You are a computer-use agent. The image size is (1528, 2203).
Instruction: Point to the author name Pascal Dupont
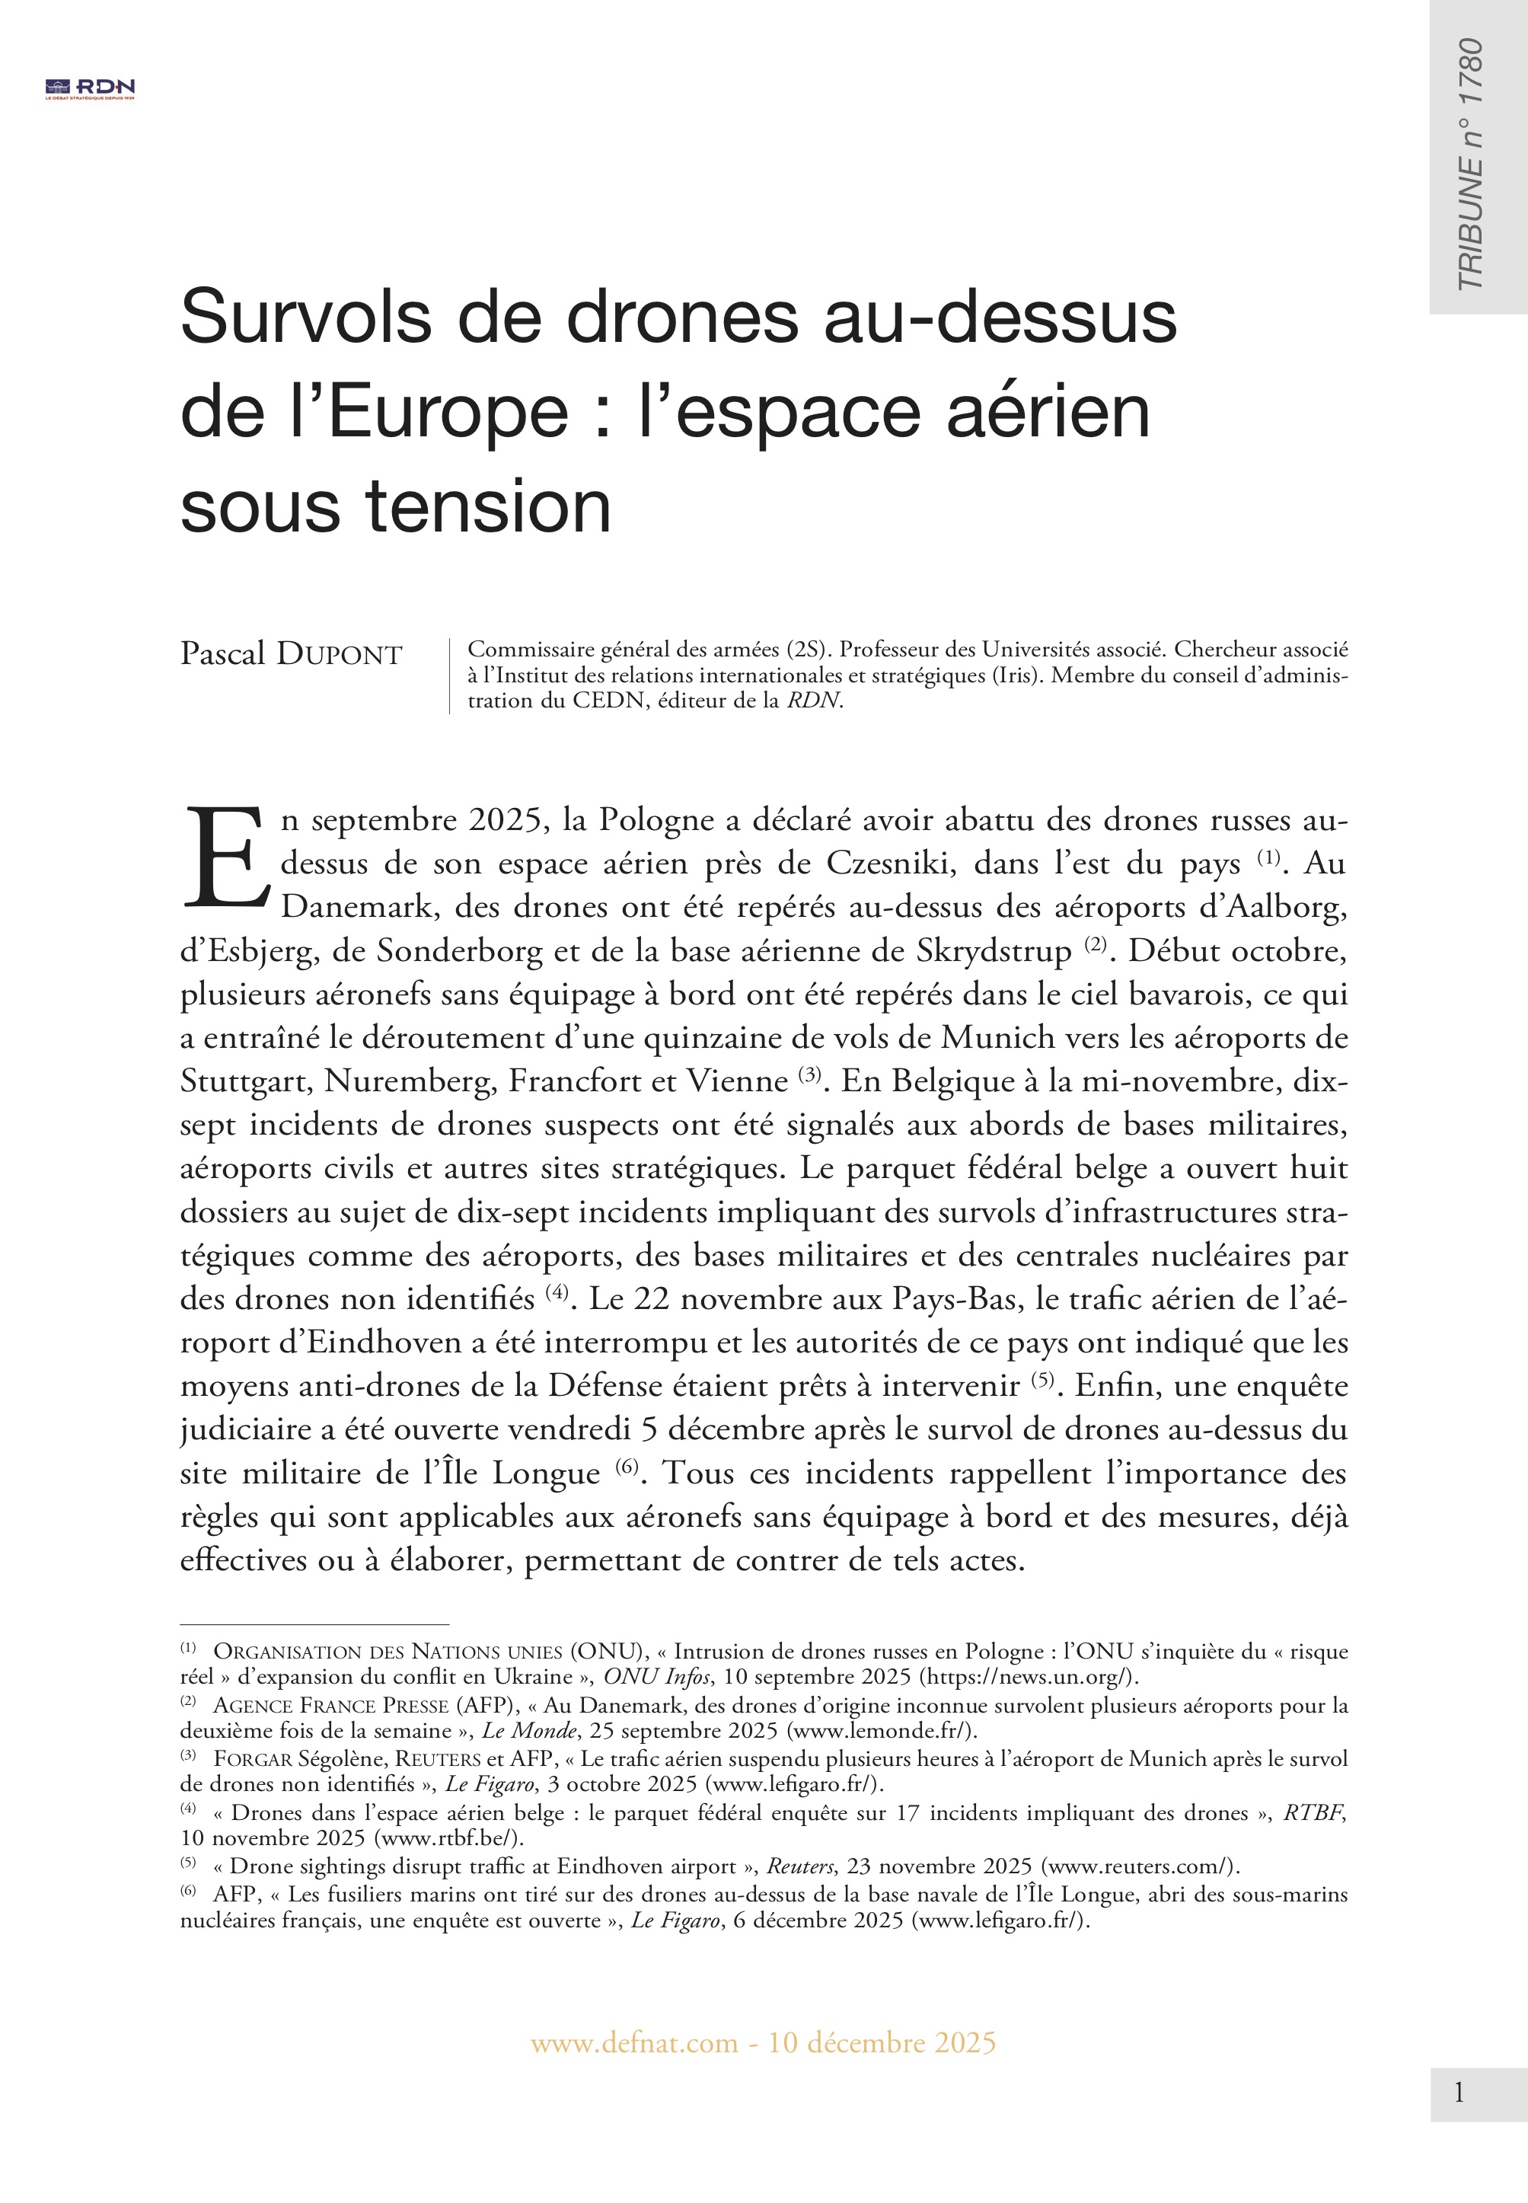tap(291, 655)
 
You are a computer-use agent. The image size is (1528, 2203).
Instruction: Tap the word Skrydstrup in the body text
tap(994, 950)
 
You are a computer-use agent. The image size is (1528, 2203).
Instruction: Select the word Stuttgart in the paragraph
tap(245, 1081)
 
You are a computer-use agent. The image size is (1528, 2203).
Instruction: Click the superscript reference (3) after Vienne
tap(810, 1074)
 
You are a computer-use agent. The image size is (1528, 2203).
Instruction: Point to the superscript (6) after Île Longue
tap(626, 1467)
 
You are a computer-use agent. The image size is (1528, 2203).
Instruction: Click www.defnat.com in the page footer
tap(633, 2043)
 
